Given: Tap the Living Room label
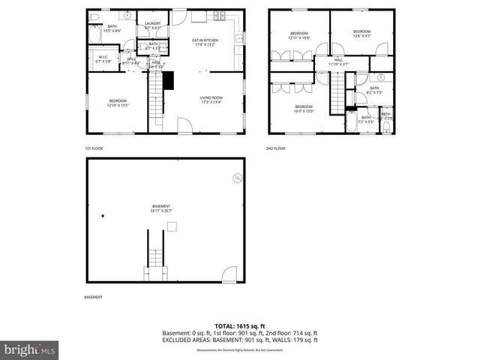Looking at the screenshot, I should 211,99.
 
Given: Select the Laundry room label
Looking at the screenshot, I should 152,25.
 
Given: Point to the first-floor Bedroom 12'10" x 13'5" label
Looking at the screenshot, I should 118,103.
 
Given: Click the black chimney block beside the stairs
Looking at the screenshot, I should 168,79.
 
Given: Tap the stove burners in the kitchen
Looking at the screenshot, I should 220,16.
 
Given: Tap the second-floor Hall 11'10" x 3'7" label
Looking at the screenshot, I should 338,62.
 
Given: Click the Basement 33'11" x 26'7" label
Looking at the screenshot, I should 161,208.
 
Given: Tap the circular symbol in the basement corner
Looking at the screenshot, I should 237,178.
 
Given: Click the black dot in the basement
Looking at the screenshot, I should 103,216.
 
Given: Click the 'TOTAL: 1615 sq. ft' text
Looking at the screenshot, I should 240,326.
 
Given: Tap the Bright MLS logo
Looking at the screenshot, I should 30,349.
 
